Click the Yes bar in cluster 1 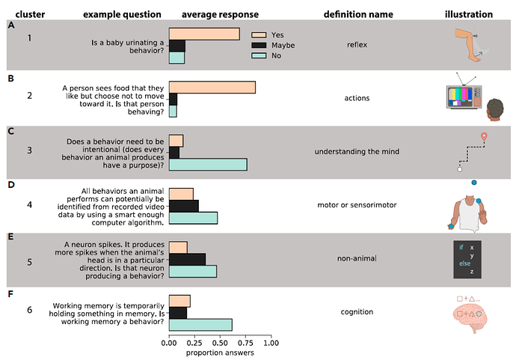(x=204, y=34)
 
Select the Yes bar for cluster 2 (x=212, y=88)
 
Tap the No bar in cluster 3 (x=208, y=165)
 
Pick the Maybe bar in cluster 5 (x=187, y=259)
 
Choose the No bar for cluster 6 (x=200, y=325)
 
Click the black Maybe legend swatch (x=259, y=45)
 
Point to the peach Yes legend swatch (x=259, y=34)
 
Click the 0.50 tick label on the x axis (x=220, y=344)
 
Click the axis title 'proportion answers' (x=220, y=353)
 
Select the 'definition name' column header (x=357, y=14)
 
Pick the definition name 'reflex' (x=357, y=45)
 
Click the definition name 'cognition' (x=357, y=312)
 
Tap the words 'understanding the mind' (x=357, y=152)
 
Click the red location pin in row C (x=485, y=136)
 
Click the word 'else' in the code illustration (x=464, y=263)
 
